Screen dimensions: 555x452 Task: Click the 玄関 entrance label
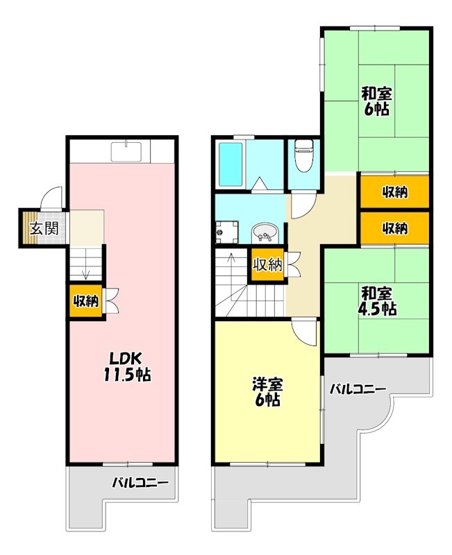click(43, 228)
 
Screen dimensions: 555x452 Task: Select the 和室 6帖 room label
click(375, 101)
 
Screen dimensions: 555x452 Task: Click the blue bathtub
click(231, 164)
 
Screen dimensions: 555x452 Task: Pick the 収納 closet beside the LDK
click(86, 301)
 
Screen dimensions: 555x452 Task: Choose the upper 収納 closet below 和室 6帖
click(394, 192)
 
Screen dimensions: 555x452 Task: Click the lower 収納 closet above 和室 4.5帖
click(394, 228)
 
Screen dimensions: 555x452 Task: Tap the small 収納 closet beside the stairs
click(267, 264)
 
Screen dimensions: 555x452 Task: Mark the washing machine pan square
click(226, 233)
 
